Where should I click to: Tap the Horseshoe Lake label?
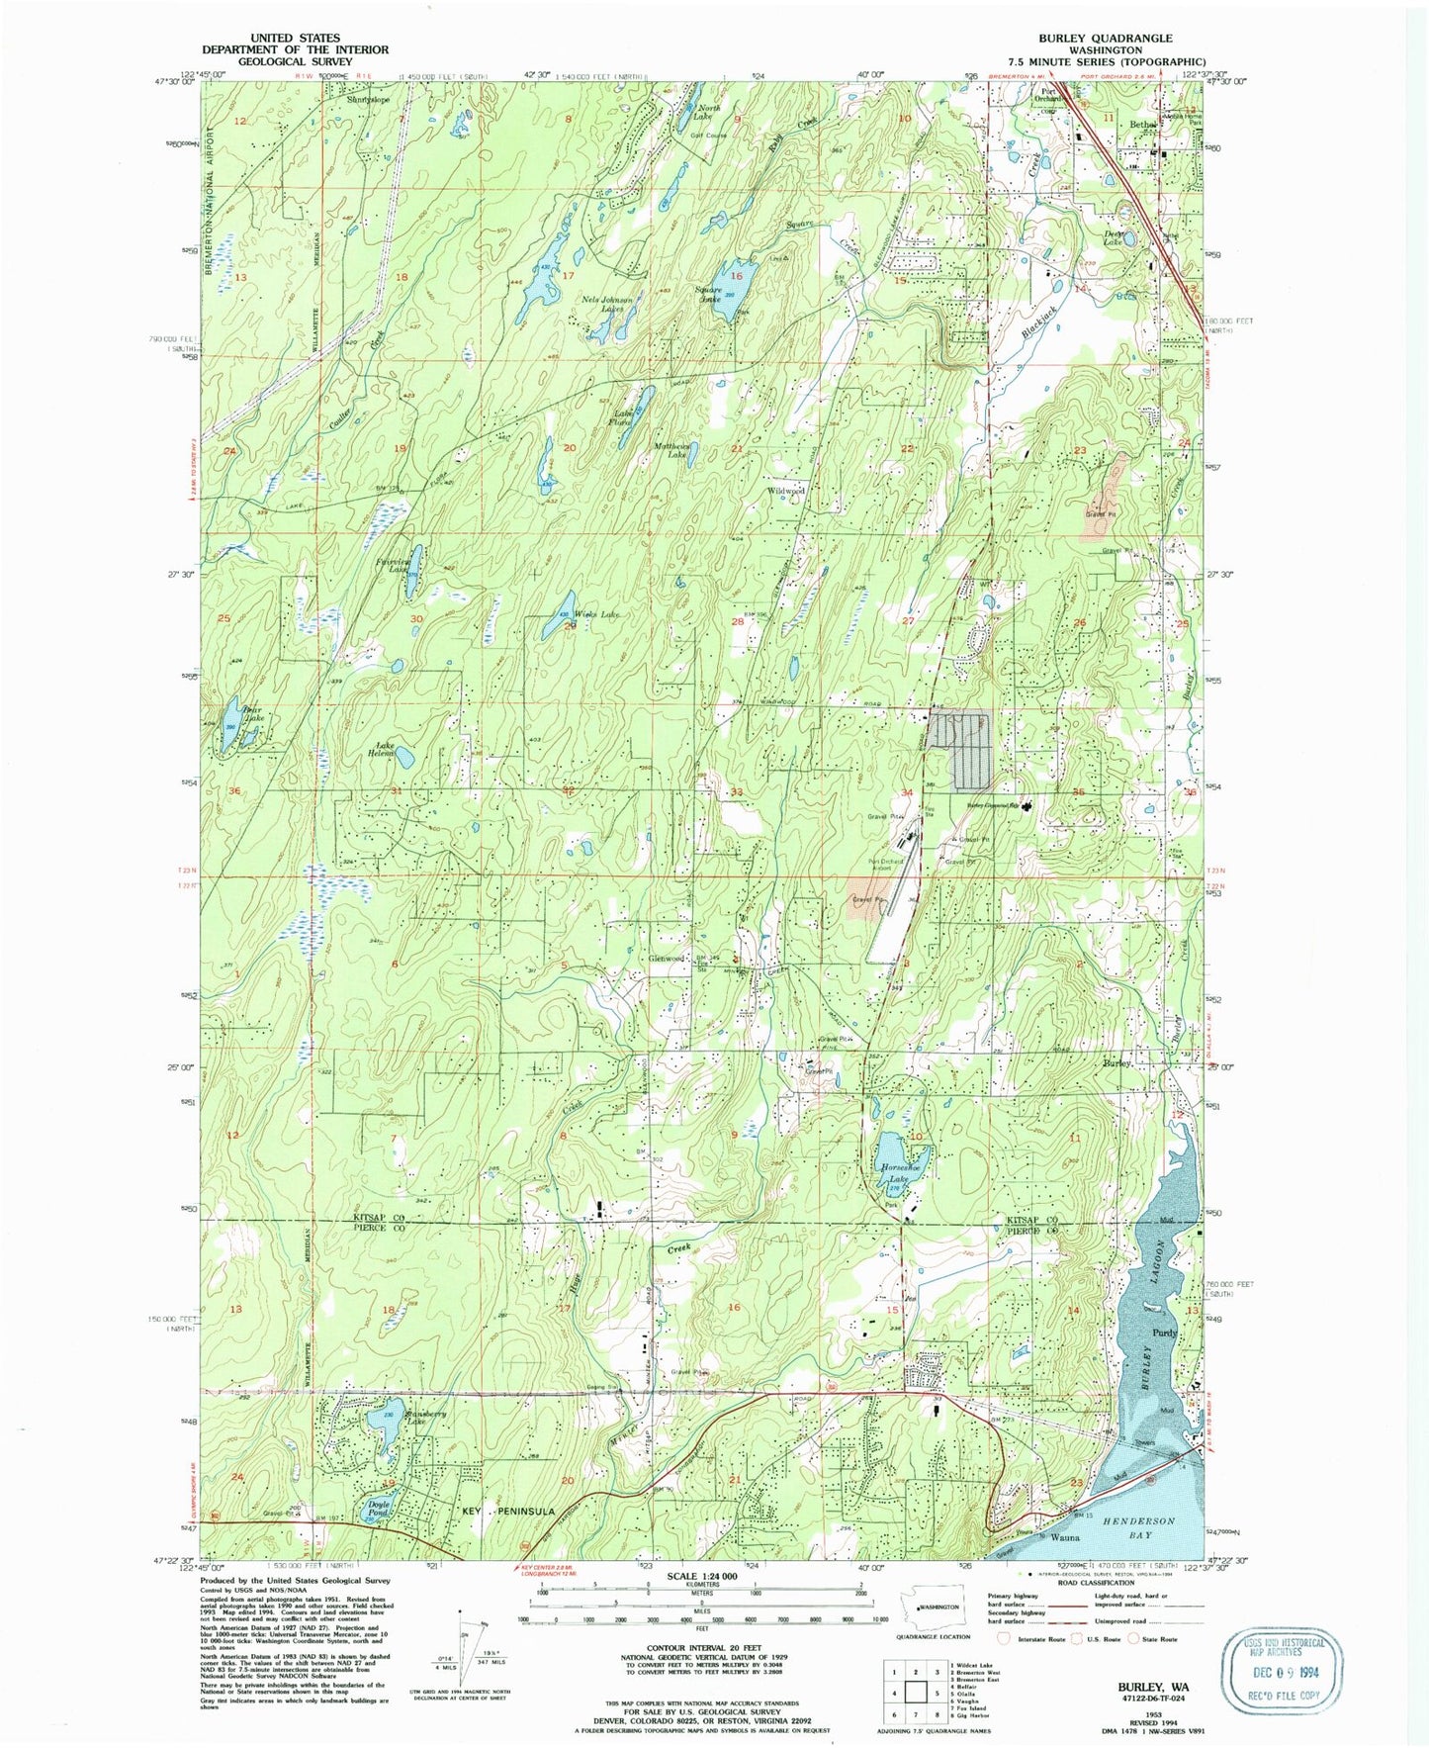[897, 1172]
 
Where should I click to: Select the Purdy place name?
[1166, 1333]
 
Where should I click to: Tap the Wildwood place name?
[786, 491]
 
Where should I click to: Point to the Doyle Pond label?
[379, 1510]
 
